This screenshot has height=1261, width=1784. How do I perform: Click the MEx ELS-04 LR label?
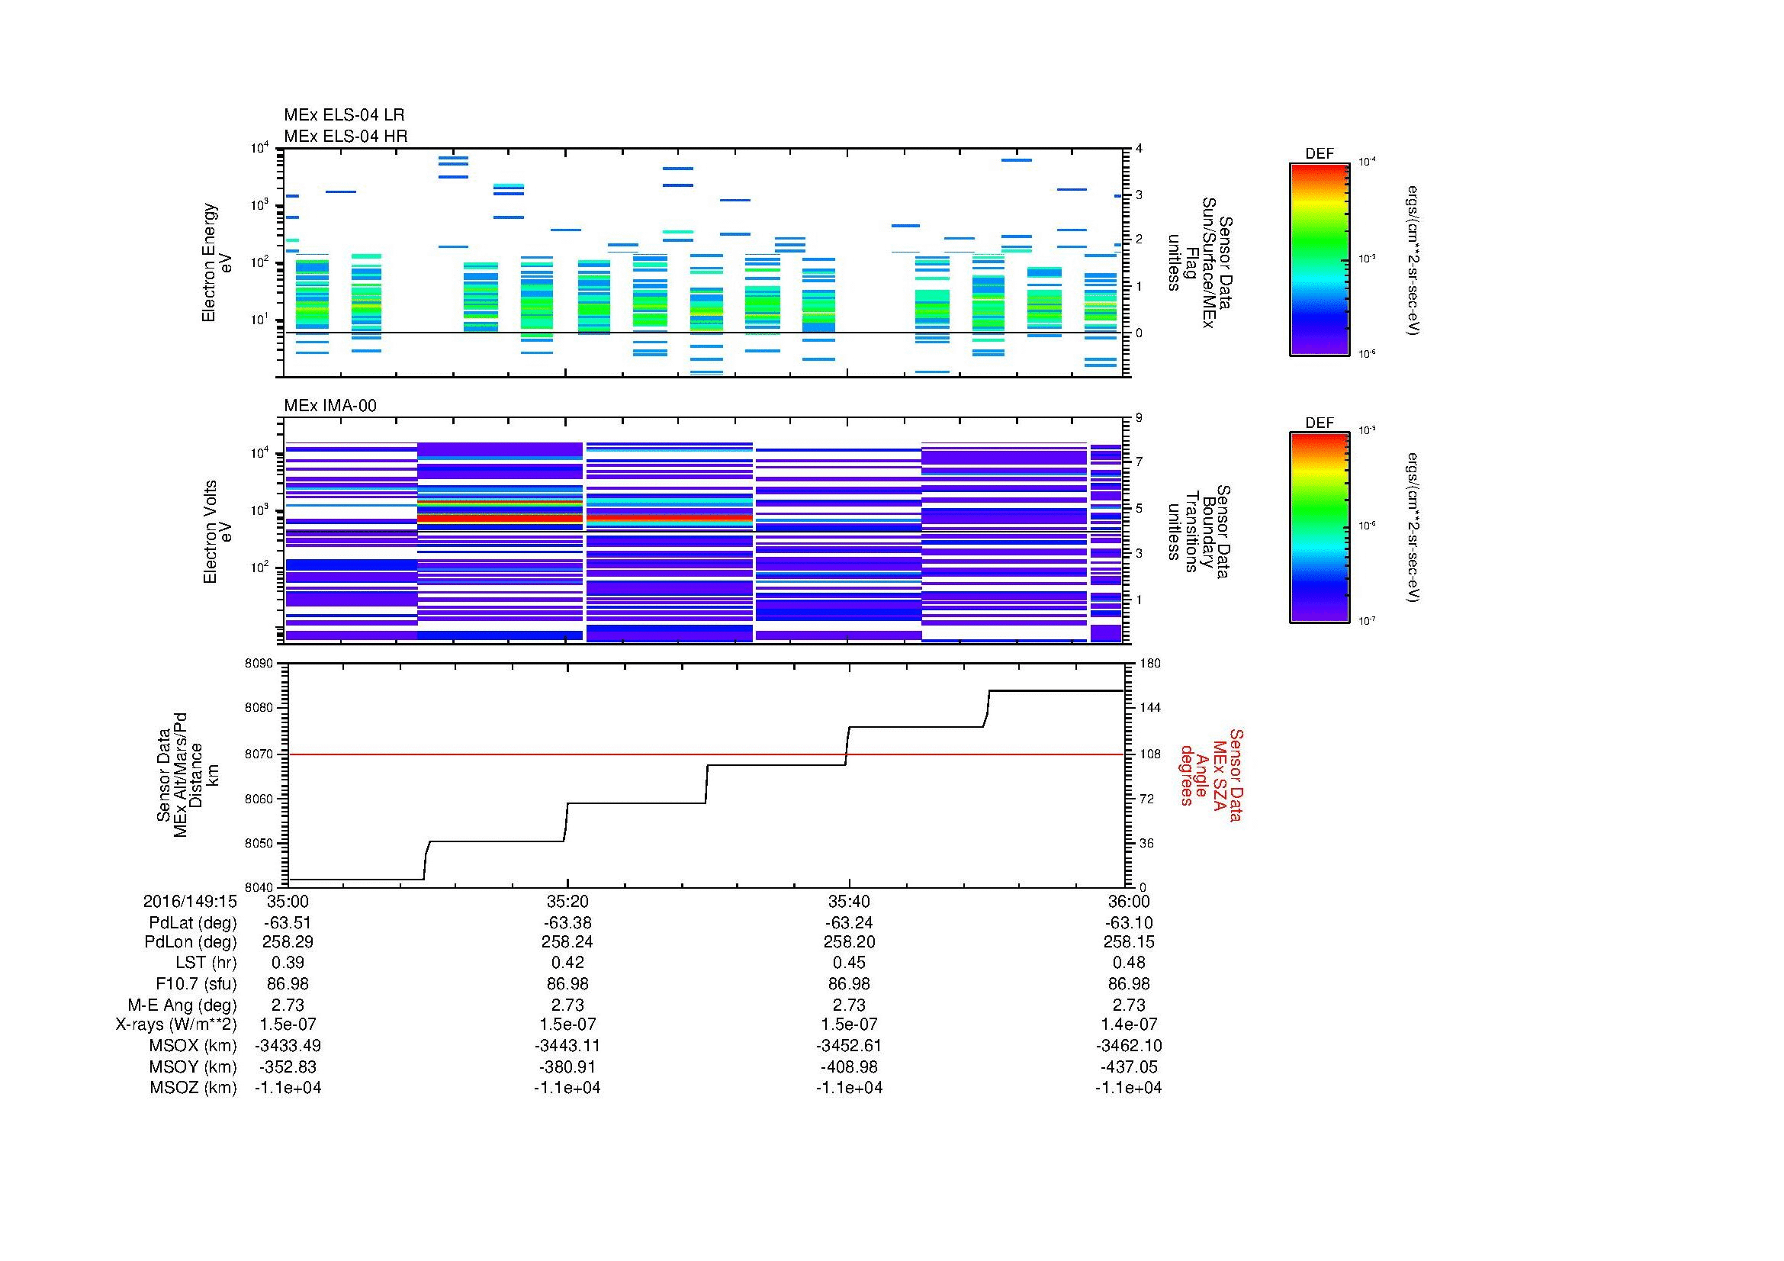[x=343, y=115]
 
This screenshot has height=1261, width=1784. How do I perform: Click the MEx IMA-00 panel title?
[x=329, y=406]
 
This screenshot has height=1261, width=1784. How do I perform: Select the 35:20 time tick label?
[x=567, y=902]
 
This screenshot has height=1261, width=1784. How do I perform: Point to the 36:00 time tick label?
[x=1128, y=902]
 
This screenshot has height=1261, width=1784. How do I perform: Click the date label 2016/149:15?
[x=189, y=902]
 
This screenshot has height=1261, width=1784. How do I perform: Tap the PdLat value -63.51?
[x=288, y=923]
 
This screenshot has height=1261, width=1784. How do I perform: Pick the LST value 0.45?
[x=848, y=963]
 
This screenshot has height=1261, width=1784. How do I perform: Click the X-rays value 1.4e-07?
[x=1128, y=1025]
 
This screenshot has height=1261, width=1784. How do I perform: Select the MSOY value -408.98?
[x=848, y=1066]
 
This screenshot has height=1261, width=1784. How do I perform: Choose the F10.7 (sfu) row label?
[x=195, y=983]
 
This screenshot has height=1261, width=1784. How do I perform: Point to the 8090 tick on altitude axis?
[x=259, y=664]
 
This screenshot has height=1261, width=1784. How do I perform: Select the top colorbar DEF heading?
[x=1319, y=154]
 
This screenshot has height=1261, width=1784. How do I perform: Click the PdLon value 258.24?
[x=567, y=941]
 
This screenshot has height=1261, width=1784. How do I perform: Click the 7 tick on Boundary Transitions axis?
[x=1139, y=462]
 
